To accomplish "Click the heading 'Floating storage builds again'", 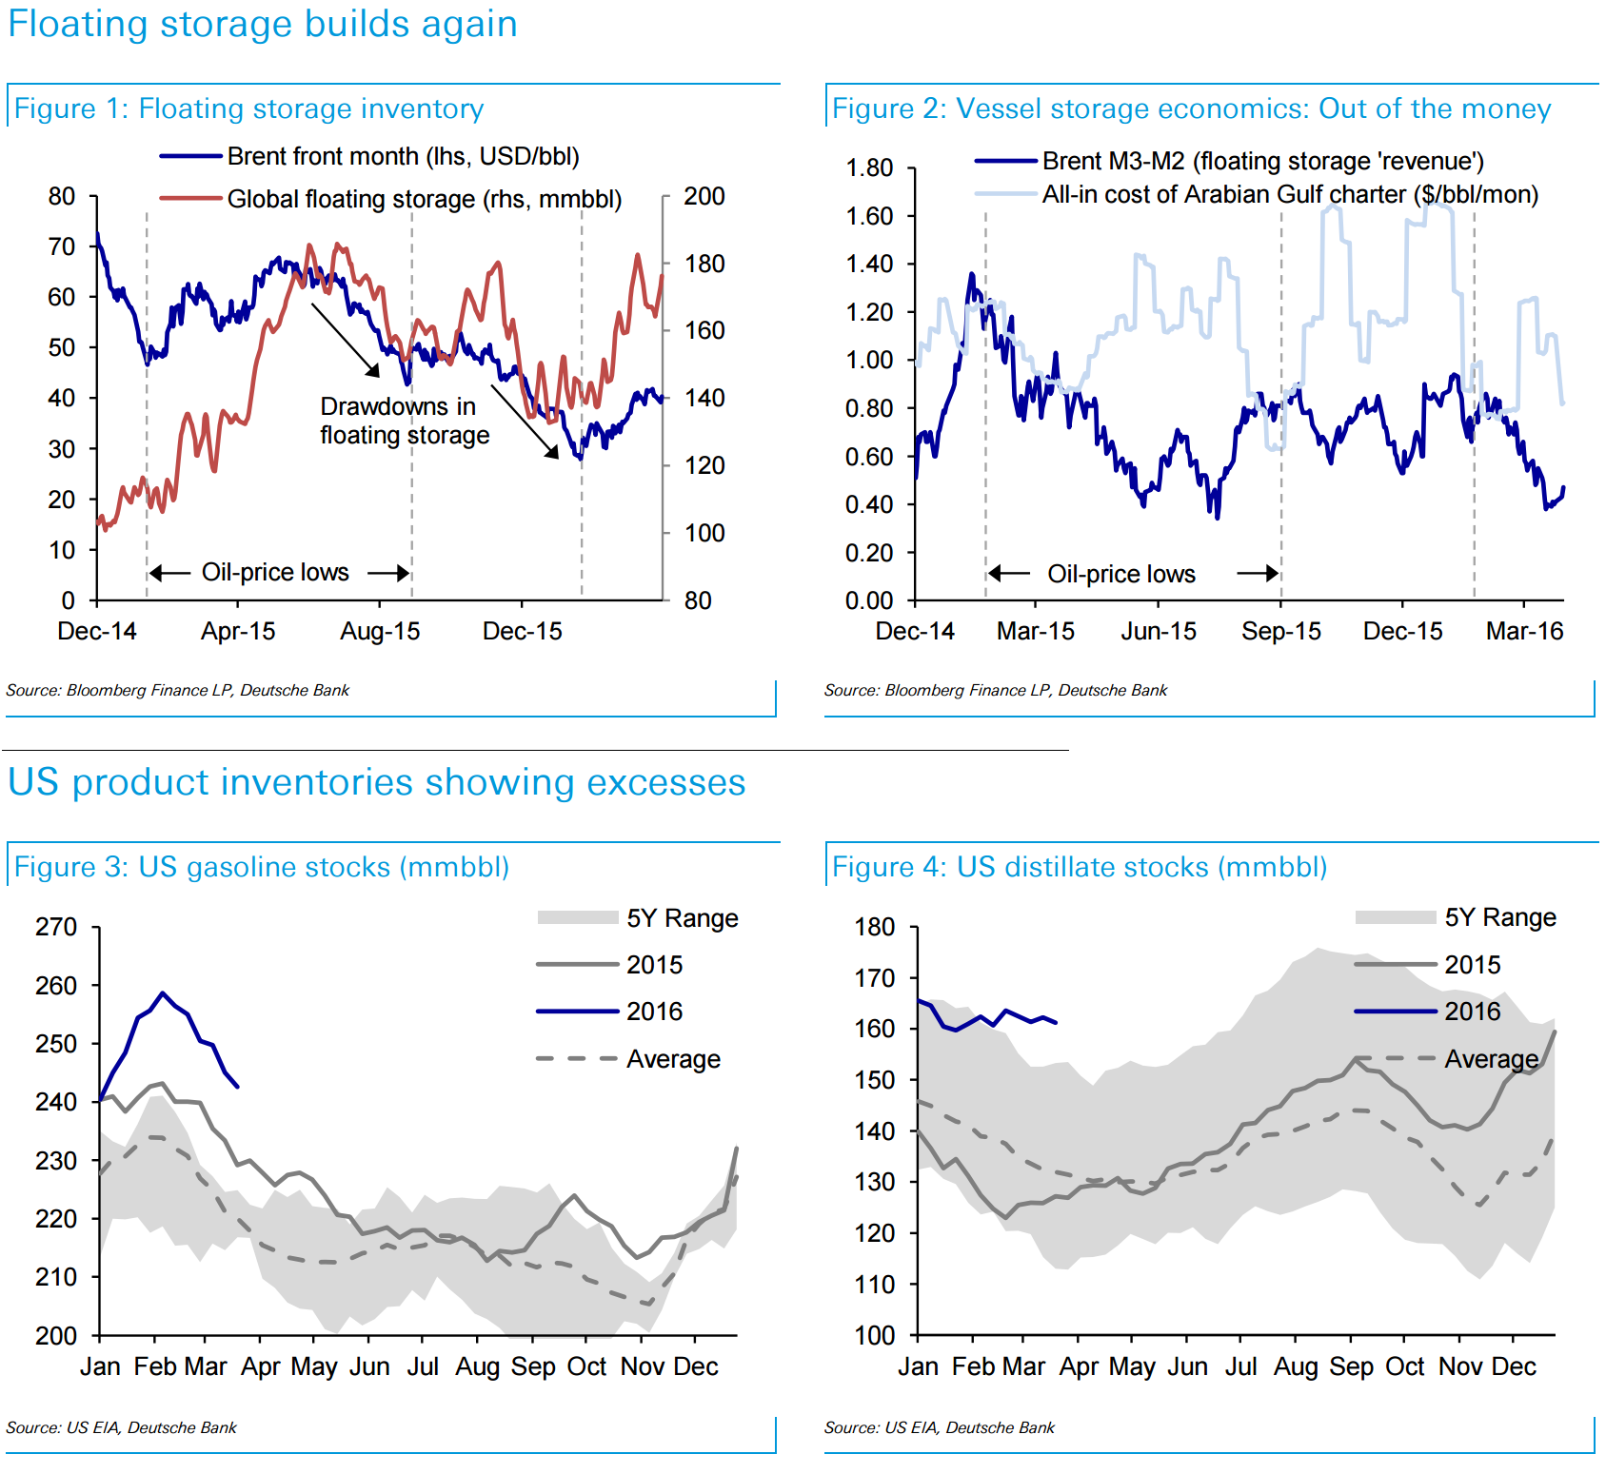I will tap(263, 24).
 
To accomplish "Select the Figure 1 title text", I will tap(248, 108).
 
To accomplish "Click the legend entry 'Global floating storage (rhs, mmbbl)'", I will tap(424, 199).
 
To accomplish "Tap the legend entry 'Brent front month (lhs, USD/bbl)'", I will tap(403, 156).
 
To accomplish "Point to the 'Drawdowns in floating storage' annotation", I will tap(404, 421).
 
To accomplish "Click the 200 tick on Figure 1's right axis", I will tap(704, 196).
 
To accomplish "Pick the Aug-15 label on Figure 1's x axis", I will tap(380, 631).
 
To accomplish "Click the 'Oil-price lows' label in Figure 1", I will tap(275, 572).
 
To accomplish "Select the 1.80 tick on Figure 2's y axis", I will tap(869, 167).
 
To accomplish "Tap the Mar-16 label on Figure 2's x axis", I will tap(1524, 631).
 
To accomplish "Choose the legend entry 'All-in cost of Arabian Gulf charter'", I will tap(1290, 194).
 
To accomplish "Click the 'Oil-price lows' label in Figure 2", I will tap(1121, 574).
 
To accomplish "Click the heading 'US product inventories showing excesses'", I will tap(376, 782).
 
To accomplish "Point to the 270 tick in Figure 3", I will tap(56, 927).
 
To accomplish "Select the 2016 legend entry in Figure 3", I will tap(654, 1012).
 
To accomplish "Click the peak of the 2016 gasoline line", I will tap(163, 992).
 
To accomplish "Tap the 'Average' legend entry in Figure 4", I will tap(1491, 1059).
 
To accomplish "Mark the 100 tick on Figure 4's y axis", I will tap(875, 1335).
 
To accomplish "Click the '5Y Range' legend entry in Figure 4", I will tap(1500, 917).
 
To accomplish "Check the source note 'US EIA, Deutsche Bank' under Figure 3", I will tap(121, 1427).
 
